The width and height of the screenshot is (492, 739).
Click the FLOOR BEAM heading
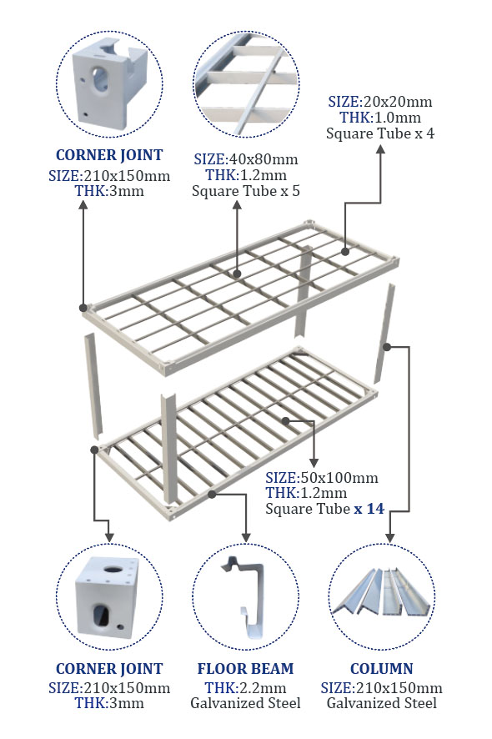pyautogui.click(x=245, y=668)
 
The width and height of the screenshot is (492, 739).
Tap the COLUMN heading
pyautogui.click(x=381, y=668)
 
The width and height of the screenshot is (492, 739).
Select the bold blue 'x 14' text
pyautogui.click(x=369, y=509)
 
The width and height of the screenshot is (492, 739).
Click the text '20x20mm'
pyautogui.click(x=396, y=101)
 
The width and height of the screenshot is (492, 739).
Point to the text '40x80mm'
pyautogui.click(x=263, y=159)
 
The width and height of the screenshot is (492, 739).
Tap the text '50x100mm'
pyautogui.click(x=339, y=477)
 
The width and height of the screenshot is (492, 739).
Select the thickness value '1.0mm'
pyautogui.click(x=397, y=118)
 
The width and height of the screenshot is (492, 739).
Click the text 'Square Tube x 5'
pyautogui.click(x=245, y=191)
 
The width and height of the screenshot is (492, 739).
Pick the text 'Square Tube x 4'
pyautogui.click(x=380, y=133)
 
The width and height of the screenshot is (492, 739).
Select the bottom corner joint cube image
pyautogui.click(x=108, y=597)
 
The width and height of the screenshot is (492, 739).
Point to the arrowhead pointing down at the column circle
pyautogui.click(x=389, y=537)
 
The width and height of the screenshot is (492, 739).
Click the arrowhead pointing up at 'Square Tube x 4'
pyautogui.click(x=380, y=149)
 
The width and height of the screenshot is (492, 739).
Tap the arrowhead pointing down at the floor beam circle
pyautogui.click(x=245, y=537)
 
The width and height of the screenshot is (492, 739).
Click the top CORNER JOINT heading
pyautogui.click(x=109, y=155)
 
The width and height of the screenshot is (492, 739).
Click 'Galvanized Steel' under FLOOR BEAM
pyautogui.click(x=245, y=703)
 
